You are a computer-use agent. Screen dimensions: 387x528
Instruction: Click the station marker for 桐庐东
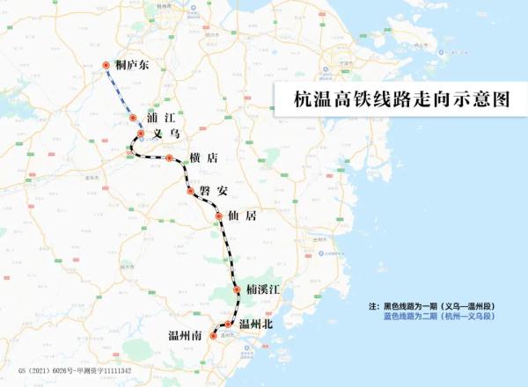tap(106, 65)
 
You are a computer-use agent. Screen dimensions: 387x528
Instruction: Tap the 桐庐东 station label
tap(133, 65)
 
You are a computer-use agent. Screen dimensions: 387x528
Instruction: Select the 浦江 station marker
tap(133, 117)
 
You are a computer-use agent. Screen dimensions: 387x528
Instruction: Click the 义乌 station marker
tap(140, 134)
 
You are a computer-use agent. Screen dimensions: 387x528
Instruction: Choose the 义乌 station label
tap(166, 134)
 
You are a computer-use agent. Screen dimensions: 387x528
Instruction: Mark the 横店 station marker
tap(170, 158)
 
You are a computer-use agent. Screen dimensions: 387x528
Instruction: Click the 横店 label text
tap(202, 158)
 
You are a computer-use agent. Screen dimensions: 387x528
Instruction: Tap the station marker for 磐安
tap(190, 190)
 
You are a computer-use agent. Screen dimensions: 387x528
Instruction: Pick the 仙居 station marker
tap(220, 215)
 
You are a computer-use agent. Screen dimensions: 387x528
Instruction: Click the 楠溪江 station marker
tap(237, 289)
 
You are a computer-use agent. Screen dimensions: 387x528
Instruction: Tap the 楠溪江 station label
tap(265, 289)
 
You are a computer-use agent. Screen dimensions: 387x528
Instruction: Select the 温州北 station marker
tap(228, 324)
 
